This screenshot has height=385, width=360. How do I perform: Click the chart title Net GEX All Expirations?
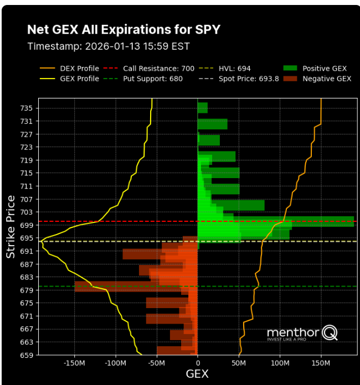(x=124, y=29)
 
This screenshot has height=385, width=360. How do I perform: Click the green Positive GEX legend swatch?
(x=290, y=69)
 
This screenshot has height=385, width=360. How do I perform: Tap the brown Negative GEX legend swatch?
(x=290, y=79)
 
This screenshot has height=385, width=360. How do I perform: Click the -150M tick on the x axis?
(x=74, y=363)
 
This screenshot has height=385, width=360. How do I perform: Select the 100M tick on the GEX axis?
(x=280, y=363)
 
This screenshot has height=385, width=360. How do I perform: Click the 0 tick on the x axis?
(x=198, y=363)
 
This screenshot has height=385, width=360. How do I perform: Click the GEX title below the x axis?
(x=197, y=374)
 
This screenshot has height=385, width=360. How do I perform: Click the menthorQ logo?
(x=302, y=333)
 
